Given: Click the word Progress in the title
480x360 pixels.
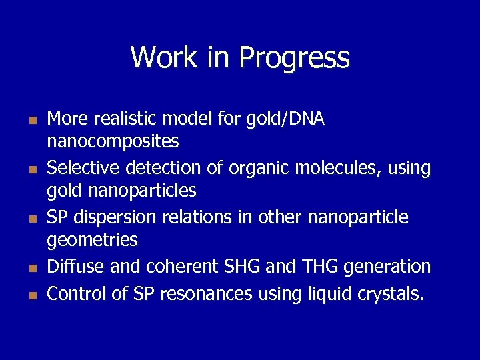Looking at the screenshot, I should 294,58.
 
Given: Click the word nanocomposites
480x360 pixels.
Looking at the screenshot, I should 113,141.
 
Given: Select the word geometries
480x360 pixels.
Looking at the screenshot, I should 92,240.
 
